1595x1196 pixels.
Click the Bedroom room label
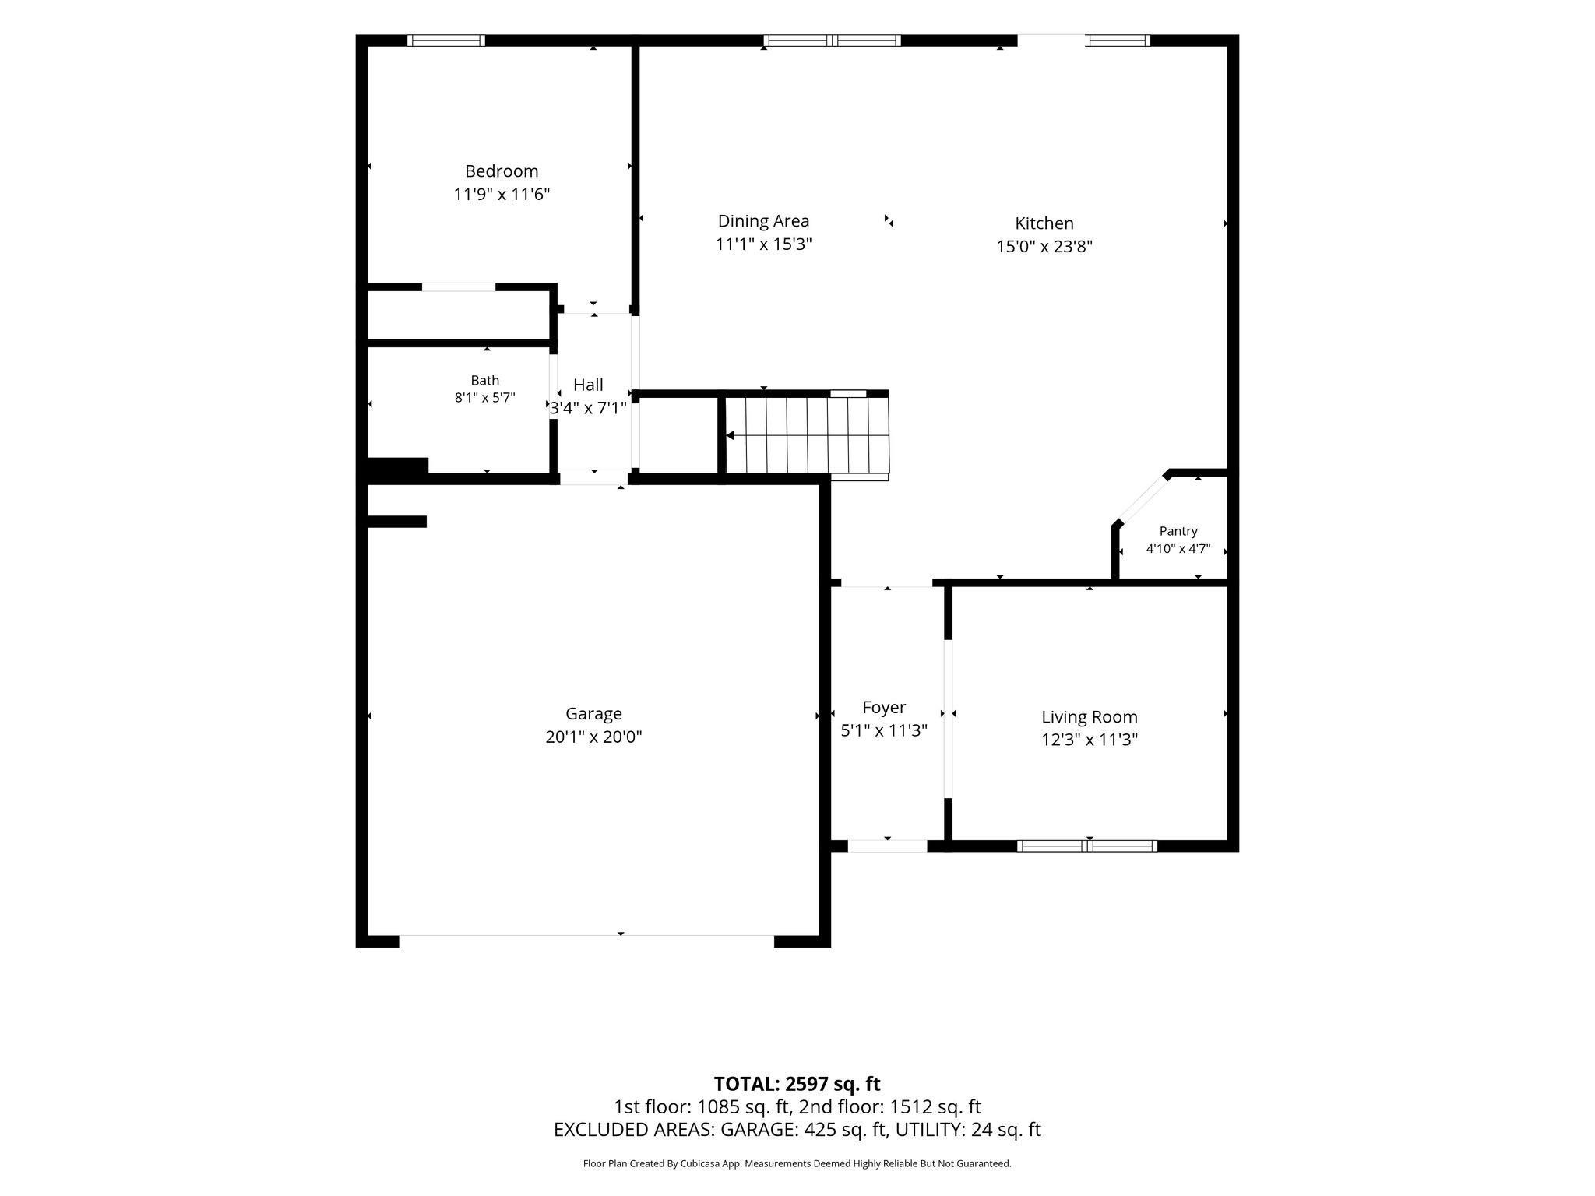tap(502, 171)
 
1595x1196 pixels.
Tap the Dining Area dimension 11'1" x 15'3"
tap(763, 244)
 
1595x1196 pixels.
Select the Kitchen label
tap(1044, 223)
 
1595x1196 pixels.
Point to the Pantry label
tap(1178, 531)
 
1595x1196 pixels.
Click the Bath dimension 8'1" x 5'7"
tap(484, 397)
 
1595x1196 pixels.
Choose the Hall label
tap(588, 385)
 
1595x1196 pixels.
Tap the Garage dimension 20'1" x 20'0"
tap(593, 737)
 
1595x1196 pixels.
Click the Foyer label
tap(884, 708)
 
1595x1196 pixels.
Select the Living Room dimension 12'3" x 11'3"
tap(1090, 740)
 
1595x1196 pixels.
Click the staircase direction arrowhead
tap(730, 436)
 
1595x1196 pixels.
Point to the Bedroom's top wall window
tap(446, 40)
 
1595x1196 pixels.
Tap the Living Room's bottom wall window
tap(1087, 846)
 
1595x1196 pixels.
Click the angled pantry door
tap(1143, 499)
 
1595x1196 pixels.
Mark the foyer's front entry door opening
tap(887, 846)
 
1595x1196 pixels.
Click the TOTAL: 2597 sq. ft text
tap(797, 1084)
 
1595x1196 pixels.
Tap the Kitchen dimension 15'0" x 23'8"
tap(1044, 247)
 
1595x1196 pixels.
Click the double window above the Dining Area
tap(833, 40)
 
